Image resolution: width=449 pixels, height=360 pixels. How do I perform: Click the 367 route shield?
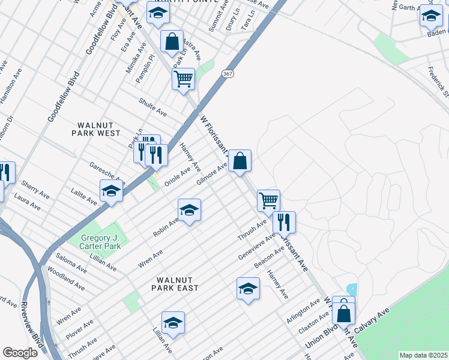pos(227,73)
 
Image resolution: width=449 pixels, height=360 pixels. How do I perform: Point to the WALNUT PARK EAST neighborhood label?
pos(178,284)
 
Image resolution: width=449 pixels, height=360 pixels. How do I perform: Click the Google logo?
pos(20,352)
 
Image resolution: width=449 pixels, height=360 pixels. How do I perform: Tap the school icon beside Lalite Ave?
pos(111,192)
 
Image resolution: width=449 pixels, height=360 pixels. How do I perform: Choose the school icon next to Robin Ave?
pos(189,211)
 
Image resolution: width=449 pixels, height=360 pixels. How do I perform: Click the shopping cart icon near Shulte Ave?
pos(183,79)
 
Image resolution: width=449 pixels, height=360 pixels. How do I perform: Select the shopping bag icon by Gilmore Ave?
pos(240,161)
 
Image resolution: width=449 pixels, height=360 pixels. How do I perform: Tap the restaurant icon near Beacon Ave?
pos(284,222)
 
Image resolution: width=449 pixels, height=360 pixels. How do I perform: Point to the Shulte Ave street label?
pos(152,107)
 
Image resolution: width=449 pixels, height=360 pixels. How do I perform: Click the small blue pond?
pos(352,289)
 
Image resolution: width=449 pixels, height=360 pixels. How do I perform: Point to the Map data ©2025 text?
pos(423,355)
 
